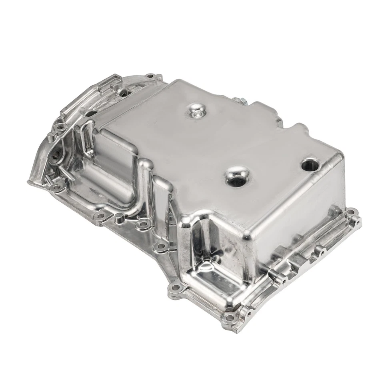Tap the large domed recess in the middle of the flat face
point(237,177)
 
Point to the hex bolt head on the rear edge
point(239,101)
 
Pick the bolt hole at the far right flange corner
point(351,212)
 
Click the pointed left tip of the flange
point(29,182)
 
